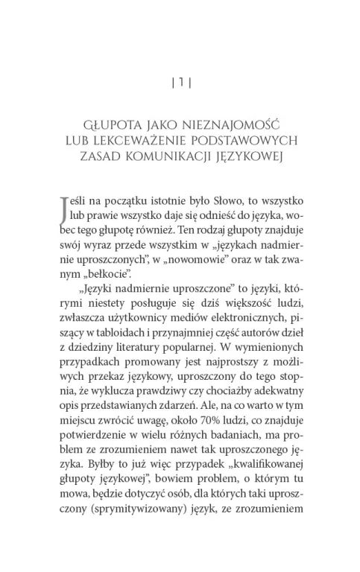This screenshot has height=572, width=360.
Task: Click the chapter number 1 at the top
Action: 180,82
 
